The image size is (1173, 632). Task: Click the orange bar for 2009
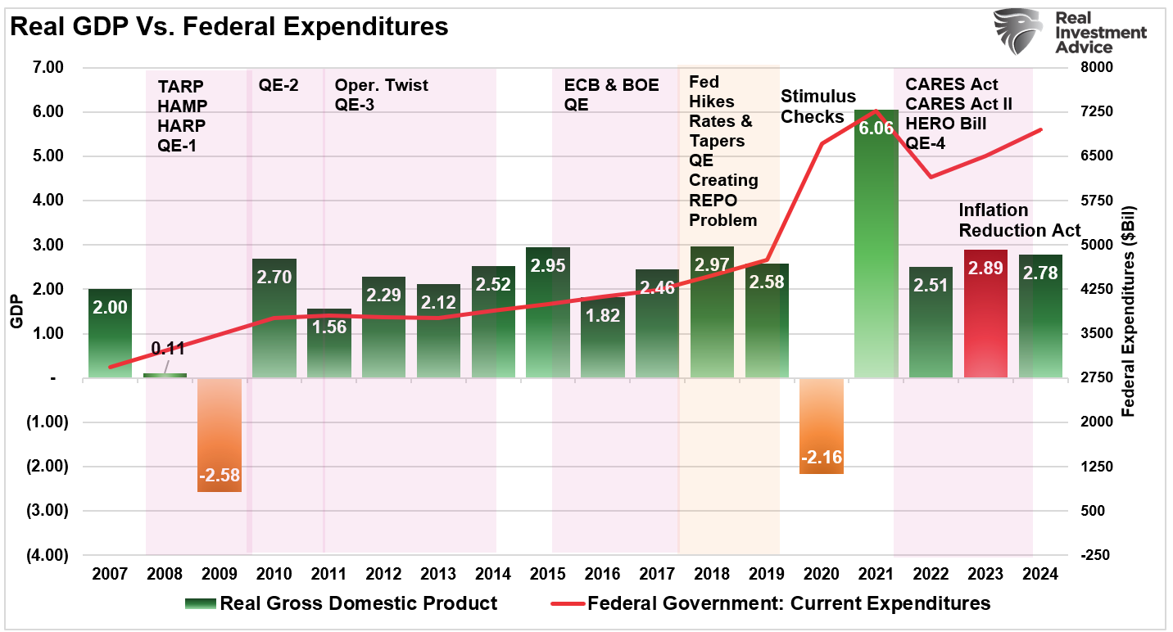click(x=220, y=434)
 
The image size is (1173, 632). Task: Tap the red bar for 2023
click(x=985, y=314)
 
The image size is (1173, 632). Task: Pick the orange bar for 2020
click(x=821, y=426)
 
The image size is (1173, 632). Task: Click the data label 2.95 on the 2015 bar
click(x=548, y=266)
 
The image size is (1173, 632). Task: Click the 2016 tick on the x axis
click(x=602, y=574)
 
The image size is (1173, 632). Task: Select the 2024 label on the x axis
click(x=1040, y=574)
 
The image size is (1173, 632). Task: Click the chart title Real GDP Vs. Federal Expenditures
click(x=229, y=27)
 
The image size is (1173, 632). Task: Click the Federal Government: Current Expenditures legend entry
click(x=770, y=604)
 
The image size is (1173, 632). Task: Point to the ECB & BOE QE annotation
click(x=611, y=95)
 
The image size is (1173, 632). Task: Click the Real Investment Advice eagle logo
click(x=1018, y=31)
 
